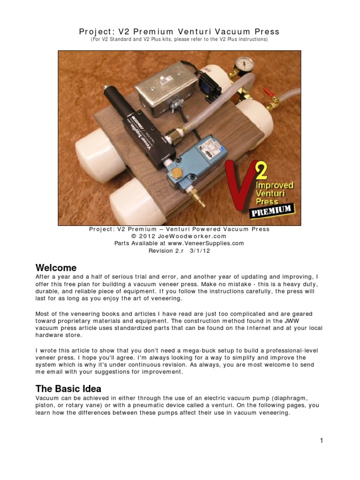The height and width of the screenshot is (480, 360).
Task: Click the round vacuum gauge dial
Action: (243, 64)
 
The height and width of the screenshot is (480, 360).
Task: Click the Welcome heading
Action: (56, 268)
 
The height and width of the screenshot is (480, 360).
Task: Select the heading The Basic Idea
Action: (68, 389)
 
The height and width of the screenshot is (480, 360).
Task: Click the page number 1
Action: (322, 440)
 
